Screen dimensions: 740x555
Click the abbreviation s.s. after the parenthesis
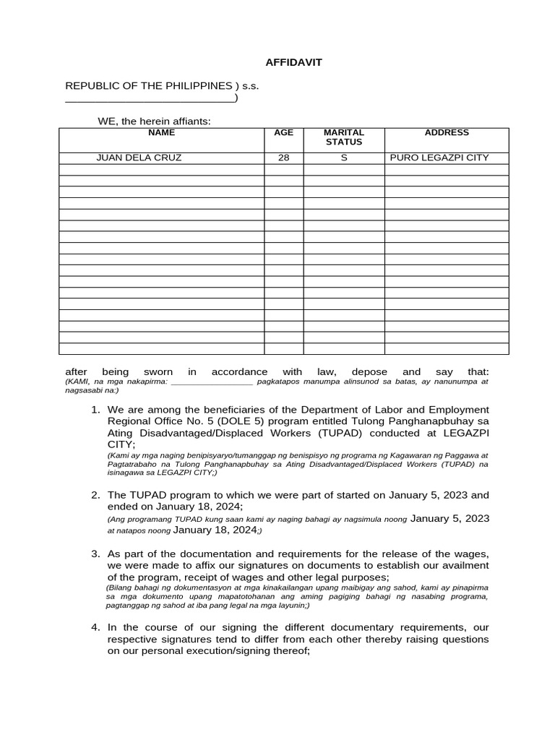(250, 86)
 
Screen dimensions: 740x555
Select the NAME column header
(161, 133)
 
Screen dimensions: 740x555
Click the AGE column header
(283, 133)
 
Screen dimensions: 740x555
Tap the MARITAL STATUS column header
(344, 137)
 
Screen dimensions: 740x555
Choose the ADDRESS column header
(447, 133)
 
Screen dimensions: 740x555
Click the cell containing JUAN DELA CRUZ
(139, 158)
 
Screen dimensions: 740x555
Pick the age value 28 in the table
(283, 158)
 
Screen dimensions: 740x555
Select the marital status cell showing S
(344, 158)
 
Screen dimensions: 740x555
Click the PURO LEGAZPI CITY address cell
(439, 158)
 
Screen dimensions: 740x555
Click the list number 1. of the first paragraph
(95, 410)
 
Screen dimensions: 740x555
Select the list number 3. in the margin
(95, 554)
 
